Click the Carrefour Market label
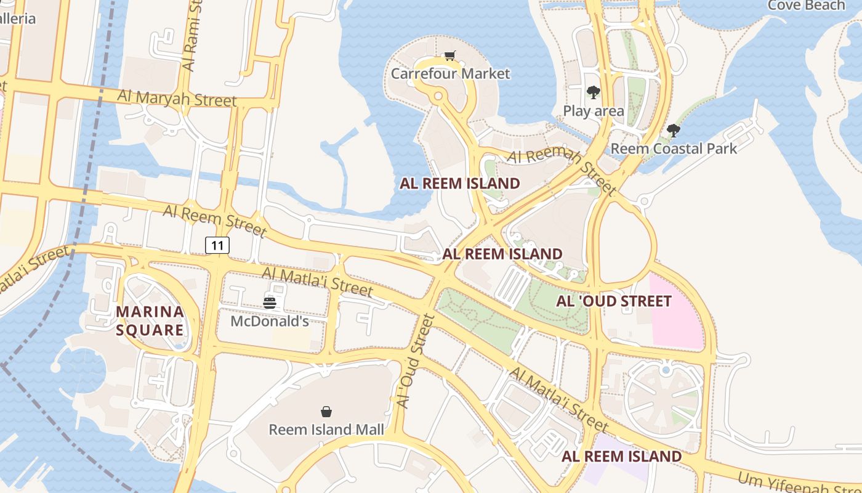point(450,74)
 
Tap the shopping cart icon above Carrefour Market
point(450,56)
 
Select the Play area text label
point(594,111)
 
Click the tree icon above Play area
point(594,92)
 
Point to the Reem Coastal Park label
point(674,149)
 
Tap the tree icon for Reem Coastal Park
point(674,130)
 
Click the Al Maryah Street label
point(177,98)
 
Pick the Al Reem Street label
point(214,221)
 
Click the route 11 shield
point(217,245)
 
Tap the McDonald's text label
point(270,322)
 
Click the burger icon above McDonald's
point(270,303)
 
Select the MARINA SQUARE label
point(150,320)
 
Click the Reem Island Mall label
point(326,430)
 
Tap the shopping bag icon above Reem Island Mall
point(326,411)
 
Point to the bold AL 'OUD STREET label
point(613,301)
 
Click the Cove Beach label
point(807,6)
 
